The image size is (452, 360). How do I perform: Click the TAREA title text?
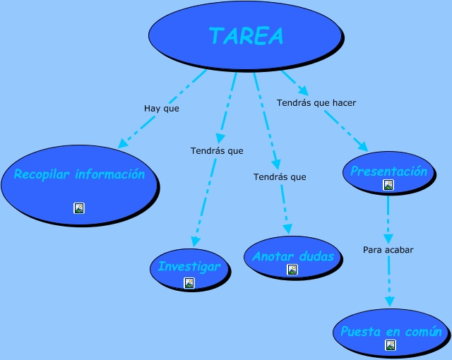[246, 35]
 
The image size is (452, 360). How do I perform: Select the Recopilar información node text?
[79, 174]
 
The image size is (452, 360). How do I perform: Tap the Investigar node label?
[189, 267]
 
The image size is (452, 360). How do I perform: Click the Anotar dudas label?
[292, 256]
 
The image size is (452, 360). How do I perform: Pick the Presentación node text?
[388, 171]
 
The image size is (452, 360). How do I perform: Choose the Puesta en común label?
[391, 332]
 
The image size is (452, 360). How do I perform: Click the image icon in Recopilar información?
[79, 208]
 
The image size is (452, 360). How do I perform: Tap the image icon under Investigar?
[189, 283]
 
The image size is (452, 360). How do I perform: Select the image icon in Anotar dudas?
[292, 270]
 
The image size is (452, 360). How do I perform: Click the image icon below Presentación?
[388, 185]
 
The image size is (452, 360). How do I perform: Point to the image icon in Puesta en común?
[391, 345]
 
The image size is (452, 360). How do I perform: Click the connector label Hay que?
[162, 109]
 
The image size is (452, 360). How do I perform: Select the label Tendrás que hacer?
[316, 102]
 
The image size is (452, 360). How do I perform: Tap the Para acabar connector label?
[388, 250]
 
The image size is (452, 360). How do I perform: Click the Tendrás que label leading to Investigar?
[217, 150]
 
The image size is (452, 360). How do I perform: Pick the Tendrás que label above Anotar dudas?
[280, 176]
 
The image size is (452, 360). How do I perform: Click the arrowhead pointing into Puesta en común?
[389, 302]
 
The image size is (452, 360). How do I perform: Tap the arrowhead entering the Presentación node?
[362, 147]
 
